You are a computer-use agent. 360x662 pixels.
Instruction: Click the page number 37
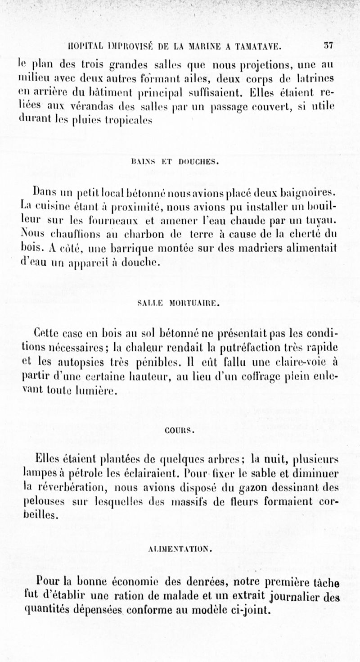click(327, 45)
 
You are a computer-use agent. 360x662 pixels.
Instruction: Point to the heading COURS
click(180, 430)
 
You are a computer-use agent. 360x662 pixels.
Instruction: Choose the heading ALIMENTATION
click(180, 549)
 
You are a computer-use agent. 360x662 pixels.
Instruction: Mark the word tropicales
click(130, 121)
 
